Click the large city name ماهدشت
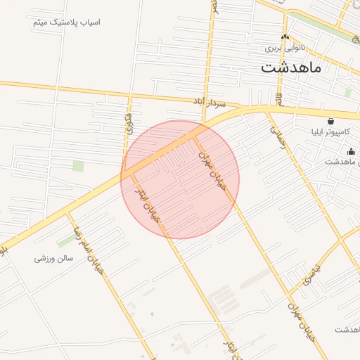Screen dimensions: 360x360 click(290, 67)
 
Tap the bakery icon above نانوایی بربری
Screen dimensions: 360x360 click(284, 37)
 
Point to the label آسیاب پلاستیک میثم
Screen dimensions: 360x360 click(67, 22)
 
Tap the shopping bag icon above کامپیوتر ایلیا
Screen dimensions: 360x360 click(330, 121)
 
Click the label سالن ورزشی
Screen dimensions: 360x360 click(54, 259)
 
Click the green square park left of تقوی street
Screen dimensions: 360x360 click(78, 166)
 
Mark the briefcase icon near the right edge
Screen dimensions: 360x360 click(352, 151)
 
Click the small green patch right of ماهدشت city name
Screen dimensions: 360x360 click(348, 92)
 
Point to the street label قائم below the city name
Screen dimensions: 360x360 click(279, 95)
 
